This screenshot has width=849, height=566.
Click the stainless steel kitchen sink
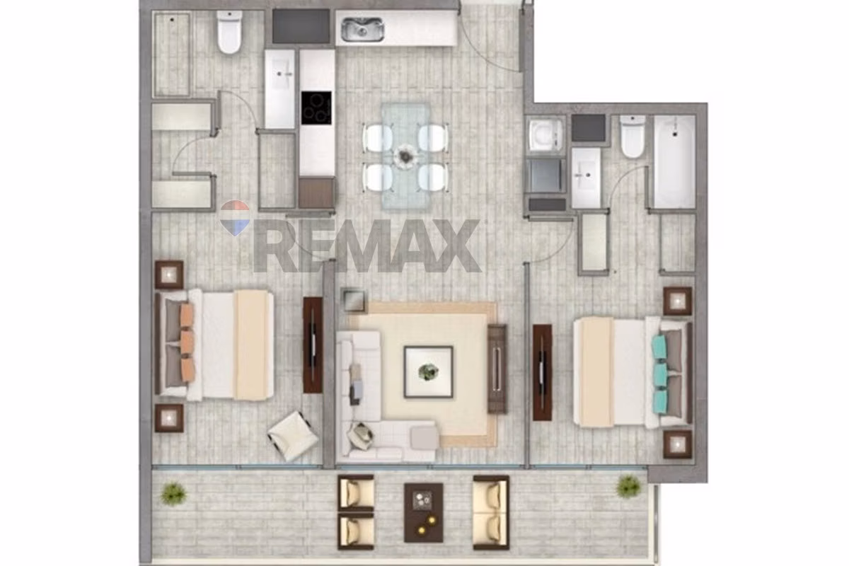[x=363, y=29]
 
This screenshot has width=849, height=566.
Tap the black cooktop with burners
[x=316, y=108]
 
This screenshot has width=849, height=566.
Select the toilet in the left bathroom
[x=229, y=32]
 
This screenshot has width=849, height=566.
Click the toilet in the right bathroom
[x=633, y=137]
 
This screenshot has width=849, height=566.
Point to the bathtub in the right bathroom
[x=674, y=162]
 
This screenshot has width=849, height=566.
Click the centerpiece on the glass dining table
[x=405, y=156]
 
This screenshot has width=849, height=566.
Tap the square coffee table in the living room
[x=428, y=372]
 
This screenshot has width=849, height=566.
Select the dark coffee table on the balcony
[x=423, y=512]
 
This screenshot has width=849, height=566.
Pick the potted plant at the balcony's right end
[x=628, y=487]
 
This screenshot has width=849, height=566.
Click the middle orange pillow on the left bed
[x=187, y=342]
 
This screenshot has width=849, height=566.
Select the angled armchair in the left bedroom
[x=293, y=436]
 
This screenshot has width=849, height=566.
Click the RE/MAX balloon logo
[x=235, y=219]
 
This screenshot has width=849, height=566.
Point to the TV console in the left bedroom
[x=313, y=345]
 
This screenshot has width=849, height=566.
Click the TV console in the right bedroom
[x=543, y=372]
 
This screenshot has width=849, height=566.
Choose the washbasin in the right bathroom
[x=586, y=178]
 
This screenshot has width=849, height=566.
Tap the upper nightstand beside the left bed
[x=169, y=275]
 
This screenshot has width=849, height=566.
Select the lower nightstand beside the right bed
[x=677, y=444]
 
